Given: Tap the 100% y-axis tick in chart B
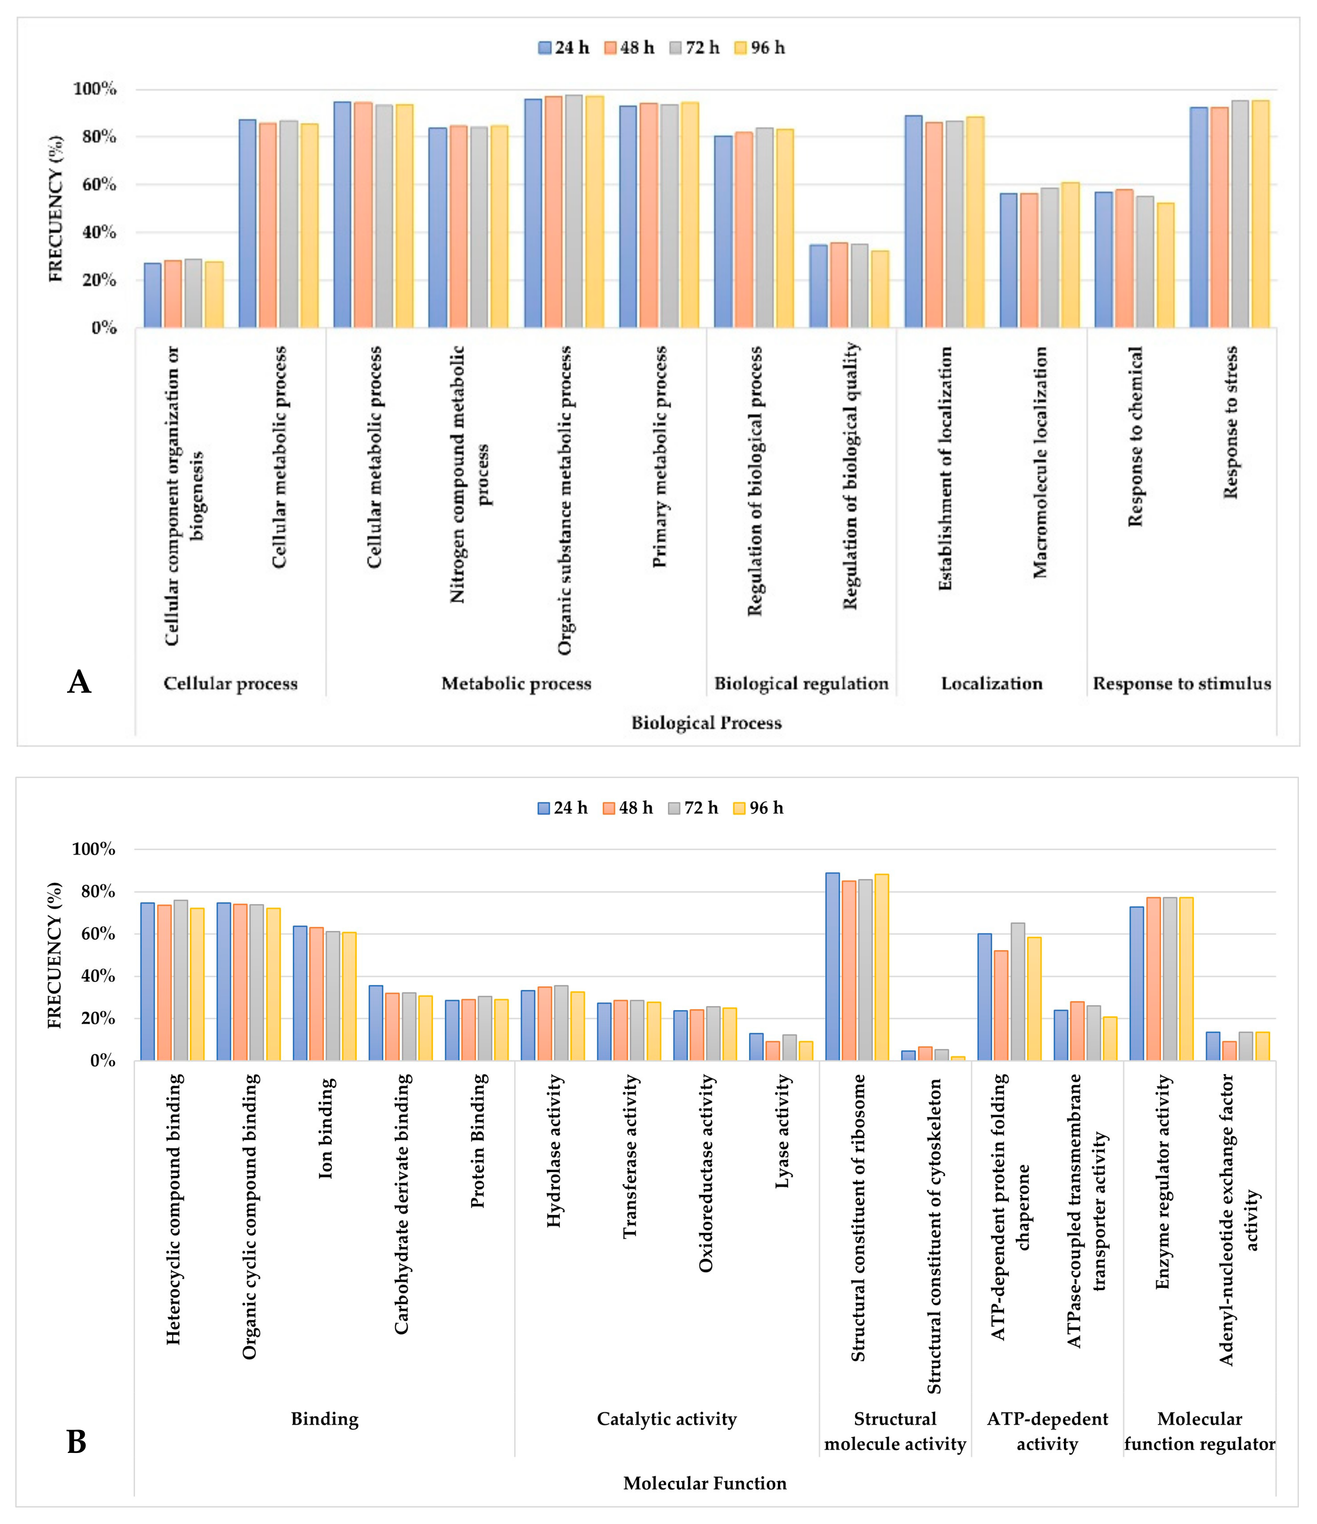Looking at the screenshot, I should click(94, 849).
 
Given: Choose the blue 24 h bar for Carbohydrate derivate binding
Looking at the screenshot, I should click(376, 1023).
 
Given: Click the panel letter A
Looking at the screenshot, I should click(79, 682).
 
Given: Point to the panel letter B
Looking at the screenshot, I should click(76, 1442).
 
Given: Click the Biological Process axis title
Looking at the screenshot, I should click(706, 723).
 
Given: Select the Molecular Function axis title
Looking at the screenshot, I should click(704, 1483).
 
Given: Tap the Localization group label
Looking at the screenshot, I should click(991, 683).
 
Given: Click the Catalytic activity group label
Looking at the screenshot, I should click(666, 1419).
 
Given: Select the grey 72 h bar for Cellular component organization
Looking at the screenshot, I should click(193, 293).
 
